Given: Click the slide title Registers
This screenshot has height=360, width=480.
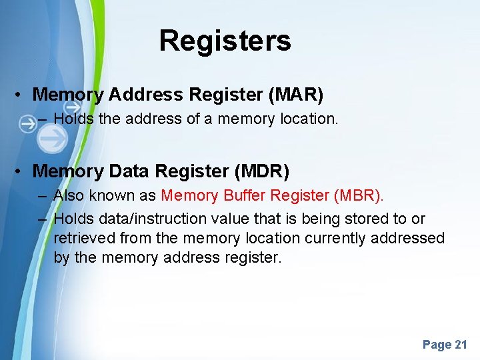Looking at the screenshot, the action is click(225, 41).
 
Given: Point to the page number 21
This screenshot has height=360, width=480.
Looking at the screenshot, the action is click(461, 345).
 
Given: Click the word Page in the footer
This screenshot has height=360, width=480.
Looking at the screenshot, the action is click(437, 345).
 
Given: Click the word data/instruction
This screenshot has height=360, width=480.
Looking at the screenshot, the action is click(153, 219).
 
